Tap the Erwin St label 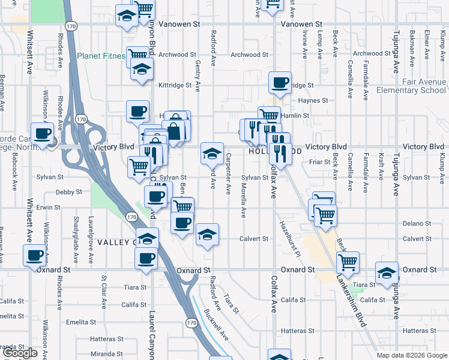(x=48, y=207)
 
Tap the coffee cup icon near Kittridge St (x=280, y=82)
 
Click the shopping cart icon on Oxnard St (x=348, y=262)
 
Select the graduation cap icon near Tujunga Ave (x=387, y=272)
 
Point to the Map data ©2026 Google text (x=411, y=355)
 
